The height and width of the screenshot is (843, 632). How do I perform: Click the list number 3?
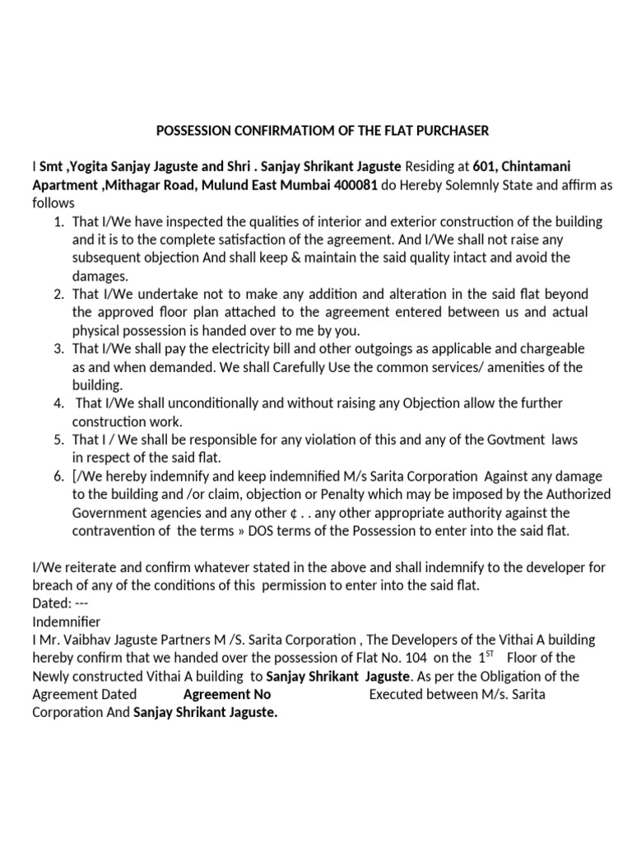(x=58, y=349)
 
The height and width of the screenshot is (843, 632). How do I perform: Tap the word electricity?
(x=240, y=349)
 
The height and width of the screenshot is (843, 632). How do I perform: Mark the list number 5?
(x=58, y=440)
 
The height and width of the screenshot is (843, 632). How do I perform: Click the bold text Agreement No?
(x=227, y=694)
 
